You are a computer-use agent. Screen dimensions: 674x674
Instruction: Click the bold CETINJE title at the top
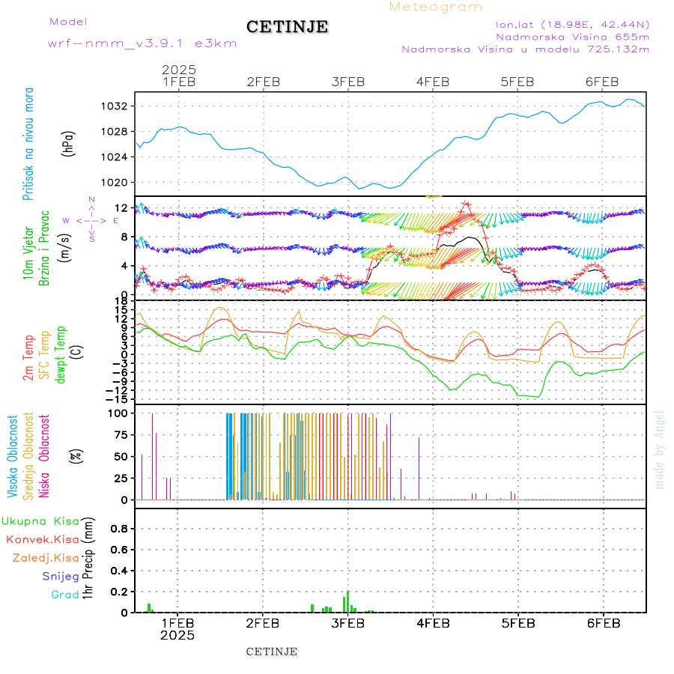[287, 27]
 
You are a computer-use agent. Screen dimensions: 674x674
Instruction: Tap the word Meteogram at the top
[436, 7]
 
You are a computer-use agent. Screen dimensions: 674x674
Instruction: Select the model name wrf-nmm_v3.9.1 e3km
[142, 43]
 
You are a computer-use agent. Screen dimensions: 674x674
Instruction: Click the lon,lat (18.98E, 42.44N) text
[572, 24]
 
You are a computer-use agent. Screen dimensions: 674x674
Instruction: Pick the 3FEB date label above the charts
[348, 82]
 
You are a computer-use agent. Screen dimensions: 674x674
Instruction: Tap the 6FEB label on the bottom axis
[602, 622]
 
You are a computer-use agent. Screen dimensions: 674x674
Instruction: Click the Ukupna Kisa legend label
[40, 520]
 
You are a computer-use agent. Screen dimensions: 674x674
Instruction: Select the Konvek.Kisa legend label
[43, 539]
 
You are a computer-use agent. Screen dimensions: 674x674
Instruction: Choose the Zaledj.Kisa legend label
[46, 558]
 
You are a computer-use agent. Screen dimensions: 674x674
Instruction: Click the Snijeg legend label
[60, 577]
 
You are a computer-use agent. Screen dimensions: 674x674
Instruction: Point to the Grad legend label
[65, 595]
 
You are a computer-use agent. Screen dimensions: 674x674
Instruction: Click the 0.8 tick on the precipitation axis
[119, 528]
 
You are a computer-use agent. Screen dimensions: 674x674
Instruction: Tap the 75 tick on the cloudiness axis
[120, 434]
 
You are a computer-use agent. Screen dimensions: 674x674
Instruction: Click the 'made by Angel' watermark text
[660, 449]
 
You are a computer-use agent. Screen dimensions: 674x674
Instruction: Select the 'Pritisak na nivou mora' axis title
[28, 144]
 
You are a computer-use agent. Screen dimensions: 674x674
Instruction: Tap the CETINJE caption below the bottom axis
[272, 652]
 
